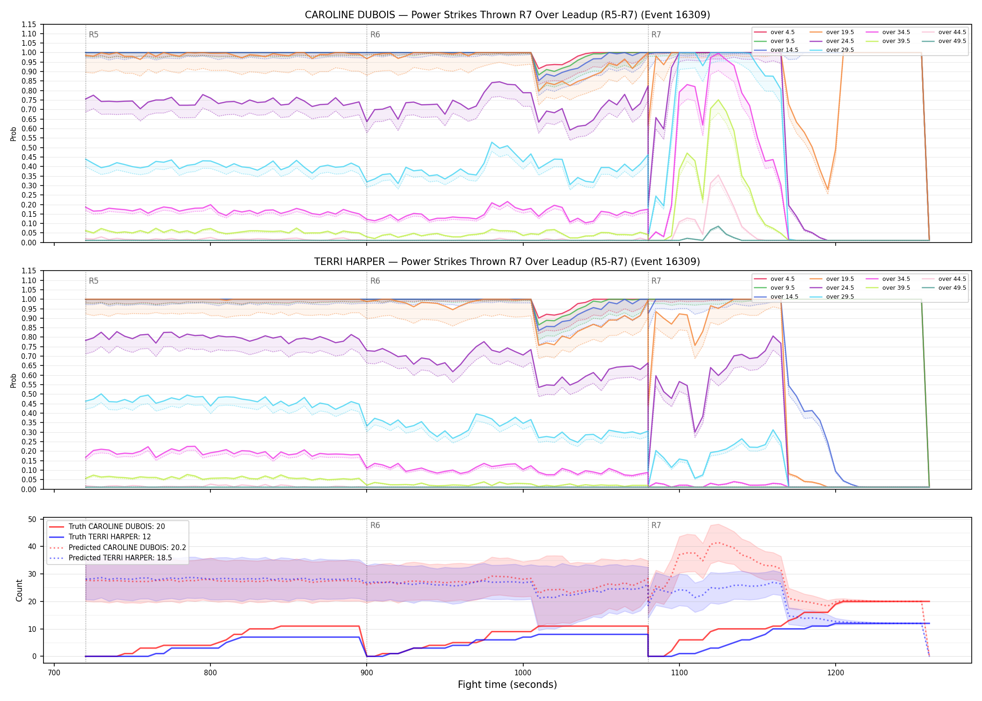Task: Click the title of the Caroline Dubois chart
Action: tap(507, 15)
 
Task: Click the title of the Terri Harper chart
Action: tap(507, 262)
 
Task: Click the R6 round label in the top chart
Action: tap(375, 35)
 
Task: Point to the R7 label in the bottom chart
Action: tap(656, 525)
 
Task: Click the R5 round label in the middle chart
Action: tap(94, 281)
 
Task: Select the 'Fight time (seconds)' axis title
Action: tap(507, 685)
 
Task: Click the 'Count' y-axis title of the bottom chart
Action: tap(19, 590)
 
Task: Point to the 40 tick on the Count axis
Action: tap(32, 547)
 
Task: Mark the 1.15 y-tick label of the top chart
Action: tap(29, 24)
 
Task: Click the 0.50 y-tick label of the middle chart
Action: tap(29, 394)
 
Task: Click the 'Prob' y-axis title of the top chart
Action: tap(13, 134)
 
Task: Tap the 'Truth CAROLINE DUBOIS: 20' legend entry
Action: tap(107, 526)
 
